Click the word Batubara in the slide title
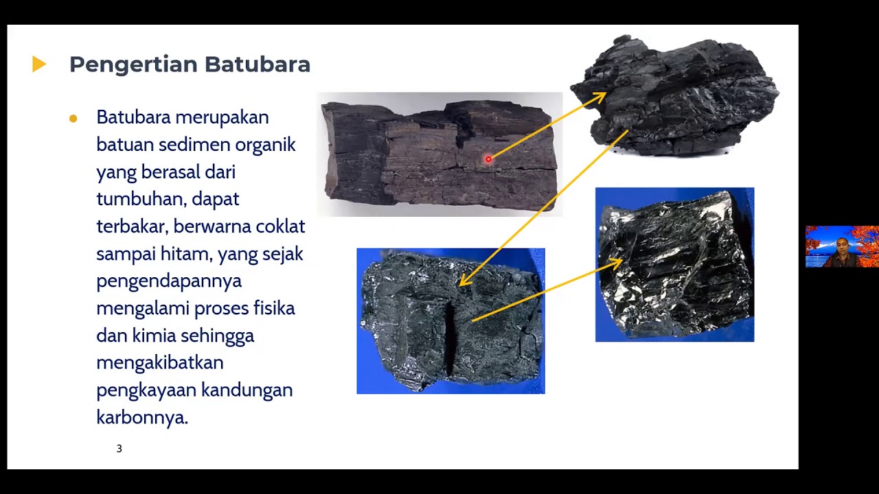coord(258,64)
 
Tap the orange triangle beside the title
coord(39,64)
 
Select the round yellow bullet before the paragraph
coord(73,119)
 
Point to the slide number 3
coord(119,449)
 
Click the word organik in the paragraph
coord(265,145)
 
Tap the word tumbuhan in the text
coord(139,199)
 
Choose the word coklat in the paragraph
coord(280,226)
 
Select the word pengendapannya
coord(169,281)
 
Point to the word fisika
coord(274,308)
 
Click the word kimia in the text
coord(154,336)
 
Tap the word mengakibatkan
coord(160,362)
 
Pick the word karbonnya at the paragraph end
coord(141,417)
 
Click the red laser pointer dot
coord(488,159)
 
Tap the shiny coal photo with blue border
coord(674,264)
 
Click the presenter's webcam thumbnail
coord(842,246)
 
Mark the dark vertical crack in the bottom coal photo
coord(450,336)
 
